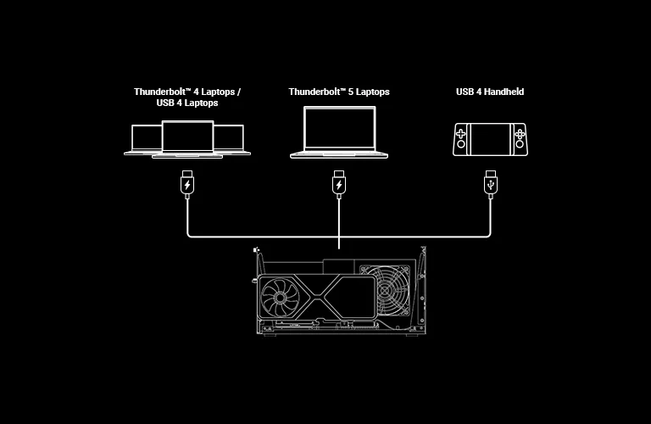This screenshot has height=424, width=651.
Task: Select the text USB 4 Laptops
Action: [x=187, y=103]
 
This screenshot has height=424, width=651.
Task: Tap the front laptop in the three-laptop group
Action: [x=187, y=139]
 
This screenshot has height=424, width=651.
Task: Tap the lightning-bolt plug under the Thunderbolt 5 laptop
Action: [x=339, y=184]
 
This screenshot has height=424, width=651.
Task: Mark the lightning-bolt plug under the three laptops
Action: [x=187, y=184]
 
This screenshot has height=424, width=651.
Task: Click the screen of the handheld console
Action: [x=490, y=137]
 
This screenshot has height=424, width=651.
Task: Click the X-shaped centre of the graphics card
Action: [x=327, y=299]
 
